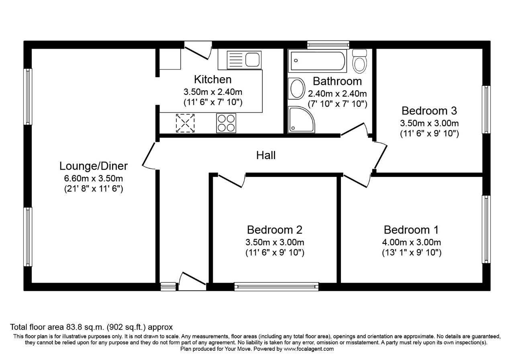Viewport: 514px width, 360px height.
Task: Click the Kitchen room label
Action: [x=212, y=79]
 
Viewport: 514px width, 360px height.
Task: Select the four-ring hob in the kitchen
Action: [x=226, y=123]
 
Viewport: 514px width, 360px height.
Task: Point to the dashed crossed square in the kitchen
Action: [x=185, y=123]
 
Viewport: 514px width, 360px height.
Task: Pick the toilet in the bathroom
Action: [x=359, y=61]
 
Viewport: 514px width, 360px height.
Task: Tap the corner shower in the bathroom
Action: [x=301, y=119]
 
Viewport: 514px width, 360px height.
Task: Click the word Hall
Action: [x=266, y=155]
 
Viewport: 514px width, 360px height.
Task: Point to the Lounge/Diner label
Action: [x=93, y=166]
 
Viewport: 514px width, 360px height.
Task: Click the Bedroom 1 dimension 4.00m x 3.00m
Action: [x=412, y=242]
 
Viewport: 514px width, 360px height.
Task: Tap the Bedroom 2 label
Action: [x=274, y=230]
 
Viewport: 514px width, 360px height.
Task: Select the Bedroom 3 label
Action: [x=429, y=110]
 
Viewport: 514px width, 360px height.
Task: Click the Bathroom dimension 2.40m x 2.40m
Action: [x=337, y=94]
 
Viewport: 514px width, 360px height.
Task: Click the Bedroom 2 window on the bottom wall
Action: [x=276, y=286]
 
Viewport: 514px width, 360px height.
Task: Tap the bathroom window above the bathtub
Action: [x=328, y=44]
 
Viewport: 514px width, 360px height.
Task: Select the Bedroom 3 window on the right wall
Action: [x=486, y=110]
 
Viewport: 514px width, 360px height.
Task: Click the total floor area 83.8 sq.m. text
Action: [x=91, y=327]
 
